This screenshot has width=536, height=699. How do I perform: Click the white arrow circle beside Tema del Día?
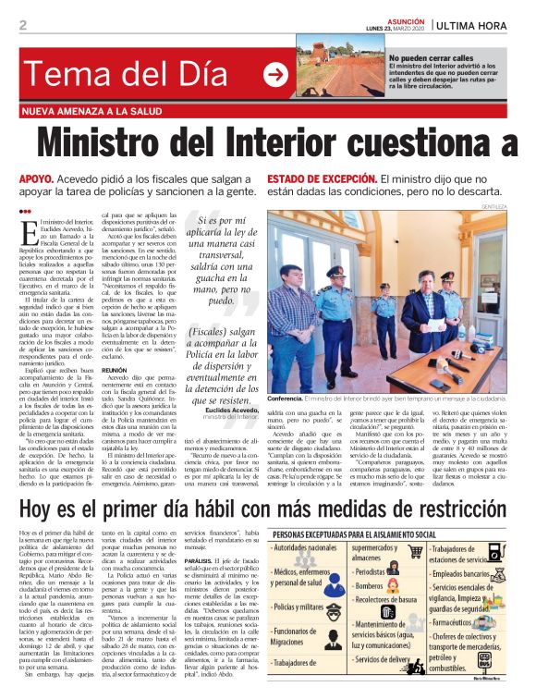point(275,75)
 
